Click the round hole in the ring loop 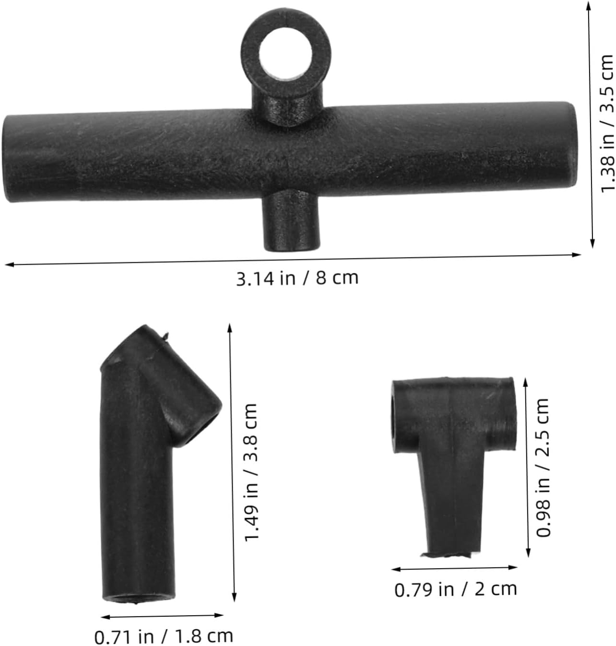click(285, 53)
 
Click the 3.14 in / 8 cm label click(297, 279)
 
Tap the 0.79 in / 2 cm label click(456, 589)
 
